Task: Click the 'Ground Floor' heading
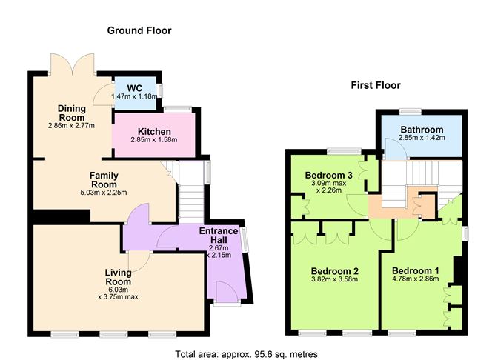tap(139, 30)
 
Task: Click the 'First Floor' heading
tap(376, 86)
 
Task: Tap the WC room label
tap(134, 87)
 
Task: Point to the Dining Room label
tap(72, 113)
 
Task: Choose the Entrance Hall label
tap(219, 236)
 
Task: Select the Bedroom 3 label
tap(328, 175)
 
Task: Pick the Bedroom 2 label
tap(334, 270)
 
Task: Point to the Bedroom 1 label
tap(415, 270)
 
